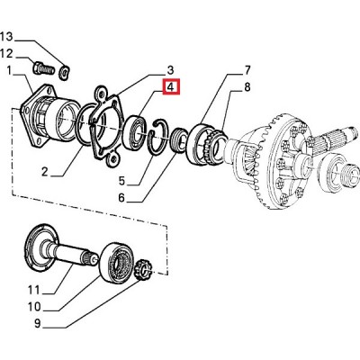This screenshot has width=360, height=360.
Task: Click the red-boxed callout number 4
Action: point(170,87)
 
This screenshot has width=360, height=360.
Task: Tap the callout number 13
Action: point(6,37)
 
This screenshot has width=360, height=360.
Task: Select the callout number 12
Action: point(6,54)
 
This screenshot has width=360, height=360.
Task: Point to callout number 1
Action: point(9,71)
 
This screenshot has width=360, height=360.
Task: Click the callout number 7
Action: point(247,70)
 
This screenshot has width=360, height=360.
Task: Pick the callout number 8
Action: point(247,87)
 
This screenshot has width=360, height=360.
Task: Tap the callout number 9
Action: point(37,323)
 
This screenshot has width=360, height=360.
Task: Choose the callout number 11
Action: point(33,290)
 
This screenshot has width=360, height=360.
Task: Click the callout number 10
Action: point(34,307)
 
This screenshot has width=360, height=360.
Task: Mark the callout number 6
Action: point(121,198)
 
